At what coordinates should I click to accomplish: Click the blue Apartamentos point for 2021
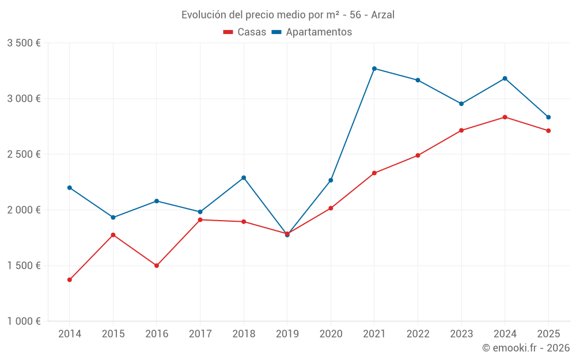(374, 69)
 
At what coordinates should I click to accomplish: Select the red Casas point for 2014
(70, 280)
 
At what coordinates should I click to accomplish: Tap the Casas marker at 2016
(157, 266)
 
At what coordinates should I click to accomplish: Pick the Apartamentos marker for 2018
(244, 177)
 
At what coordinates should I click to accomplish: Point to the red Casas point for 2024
(505, 117)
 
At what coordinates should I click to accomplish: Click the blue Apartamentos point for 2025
(548, 117)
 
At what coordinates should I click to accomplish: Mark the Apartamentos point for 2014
(70, 188)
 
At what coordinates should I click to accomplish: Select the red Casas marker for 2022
(418, 156)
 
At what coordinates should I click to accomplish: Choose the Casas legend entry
(245, 32)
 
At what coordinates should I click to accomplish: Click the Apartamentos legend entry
(312, 32)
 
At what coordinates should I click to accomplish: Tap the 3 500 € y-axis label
(24, 43)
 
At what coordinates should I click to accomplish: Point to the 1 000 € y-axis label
(24, 321)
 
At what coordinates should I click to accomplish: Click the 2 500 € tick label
(24, 154)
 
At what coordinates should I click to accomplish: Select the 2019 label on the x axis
(287, 334)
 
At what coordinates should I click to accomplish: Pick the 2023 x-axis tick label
(461, 334)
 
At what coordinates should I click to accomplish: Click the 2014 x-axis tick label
(70, 334)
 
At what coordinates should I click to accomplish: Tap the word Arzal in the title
(382, 15)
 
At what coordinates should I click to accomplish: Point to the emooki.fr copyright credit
(525, 348)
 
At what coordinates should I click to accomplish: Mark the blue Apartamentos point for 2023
(461, 104)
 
